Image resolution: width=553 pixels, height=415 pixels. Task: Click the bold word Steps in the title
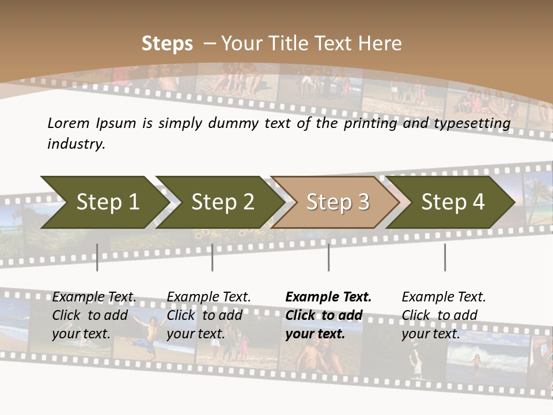click(x=167, y=44)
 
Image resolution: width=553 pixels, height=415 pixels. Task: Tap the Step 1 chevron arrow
click(x=104, y=202)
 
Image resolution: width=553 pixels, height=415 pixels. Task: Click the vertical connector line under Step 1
click(x=97, y=257)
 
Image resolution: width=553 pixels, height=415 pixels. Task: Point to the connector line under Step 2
click(x=213, y=257)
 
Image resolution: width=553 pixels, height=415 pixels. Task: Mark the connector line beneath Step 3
click(x=329, y=257)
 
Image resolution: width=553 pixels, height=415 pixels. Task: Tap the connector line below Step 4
click(x=445, y=257)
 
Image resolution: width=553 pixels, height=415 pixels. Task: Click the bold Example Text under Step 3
click(x=328, y=315)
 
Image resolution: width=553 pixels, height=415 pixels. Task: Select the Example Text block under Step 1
click(x=94, y=315)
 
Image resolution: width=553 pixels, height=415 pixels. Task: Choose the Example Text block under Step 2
click(x=209, y=315)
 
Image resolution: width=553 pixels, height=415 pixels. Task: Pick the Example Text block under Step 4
click(x=444, y=315)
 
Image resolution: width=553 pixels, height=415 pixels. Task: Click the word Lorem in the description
click(x=69, y=123)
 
